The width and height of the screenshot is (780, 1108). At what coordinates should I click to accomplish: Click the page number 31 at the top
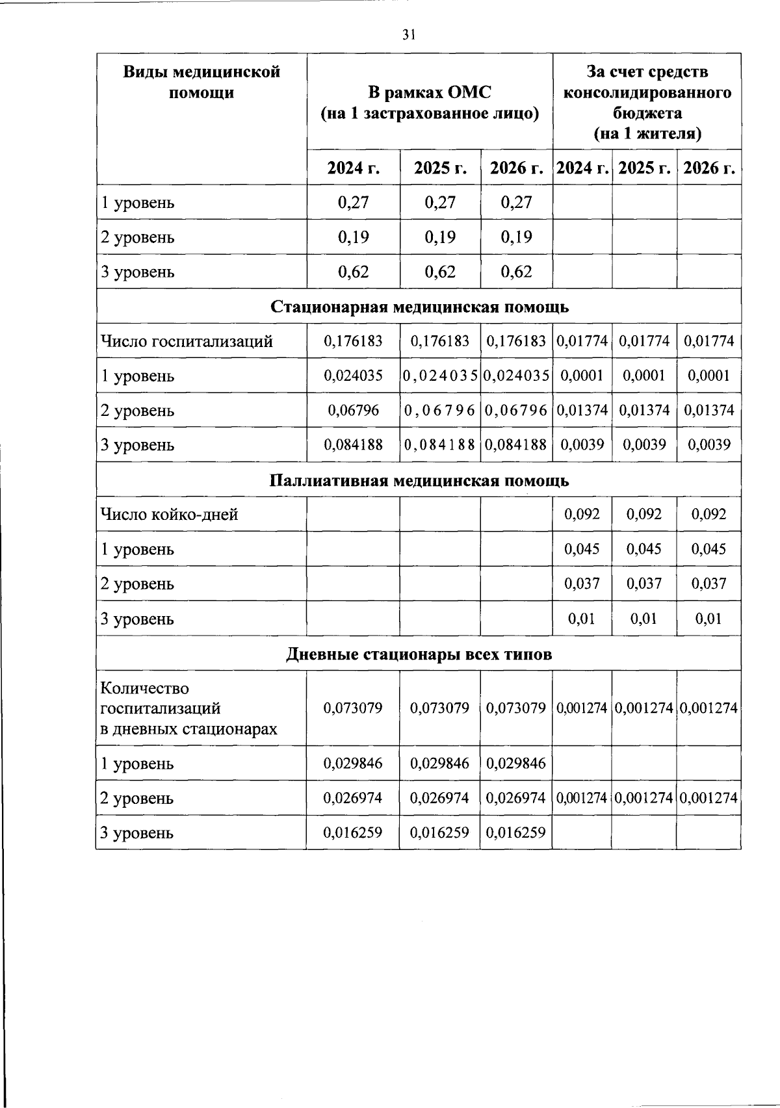click(x=408, y=35)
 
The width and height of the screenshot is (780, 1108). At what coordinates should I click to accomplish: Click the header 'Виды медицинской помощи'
click(x=202, y=82)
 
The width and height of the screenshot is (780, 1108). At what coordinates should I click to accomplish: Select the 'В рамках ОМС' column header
click(x=430, y=103)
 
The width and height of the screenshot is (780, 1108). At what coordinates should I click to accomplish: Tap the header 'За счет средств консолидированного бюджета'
click(x=647, y=103)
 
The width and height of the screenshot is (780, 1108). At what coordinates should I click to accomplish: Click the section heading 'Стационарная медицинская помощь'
click(x=419, y=307)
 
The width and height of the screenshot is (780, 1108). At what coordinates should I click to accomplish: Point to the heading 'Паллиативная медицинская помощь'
click(x=419, y=481)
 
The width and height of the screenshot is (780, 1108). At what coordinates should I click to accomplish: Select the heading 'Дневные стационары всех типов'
click(x=419, y=654)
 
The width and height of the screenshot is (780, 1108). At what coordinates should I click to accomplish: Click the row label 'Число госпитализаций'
click(x=186, y=341)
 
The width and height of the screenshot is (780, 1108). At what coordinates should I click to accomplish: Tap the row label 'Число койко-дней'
click(x=169, y=515)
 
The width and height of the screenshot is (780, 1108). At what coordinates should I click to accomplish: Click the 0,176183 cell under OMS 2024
click(x=353, y=341)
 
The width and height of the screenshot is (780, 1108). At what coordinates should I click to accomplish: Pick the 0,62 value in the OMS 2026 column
click(x=517, y=272)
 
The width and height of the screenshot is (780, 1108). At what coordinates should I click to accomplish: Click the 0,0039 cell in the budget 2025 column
click(x=644, y=445)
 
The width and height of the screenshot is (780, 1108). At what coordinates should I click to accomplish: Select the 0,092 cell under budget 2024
click(x=582, y=515)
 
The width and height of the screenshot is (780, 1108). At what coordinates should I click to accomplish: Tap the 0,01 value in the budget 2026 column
click(x=708, y=619)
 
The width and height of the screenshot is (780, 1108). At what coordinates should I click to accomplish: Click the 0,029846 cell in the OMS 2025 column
click(x=439, y=764)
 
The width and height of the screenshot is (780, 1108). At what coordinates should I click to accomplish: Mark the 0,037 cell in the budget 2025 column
click(x=644, y=584)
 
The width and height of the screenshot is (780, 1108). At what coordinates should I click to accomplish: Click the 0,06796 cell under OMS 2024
click(x=353, y=411)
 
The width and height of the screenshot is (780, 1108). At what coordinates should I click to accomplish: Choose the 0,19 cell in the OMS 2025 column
click(x=440, y=237)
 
